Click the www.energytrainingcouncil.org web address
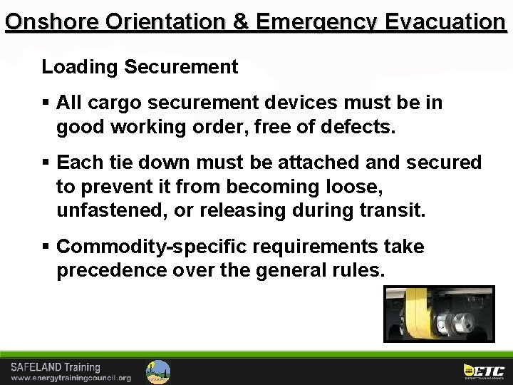tap(71, 378)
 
